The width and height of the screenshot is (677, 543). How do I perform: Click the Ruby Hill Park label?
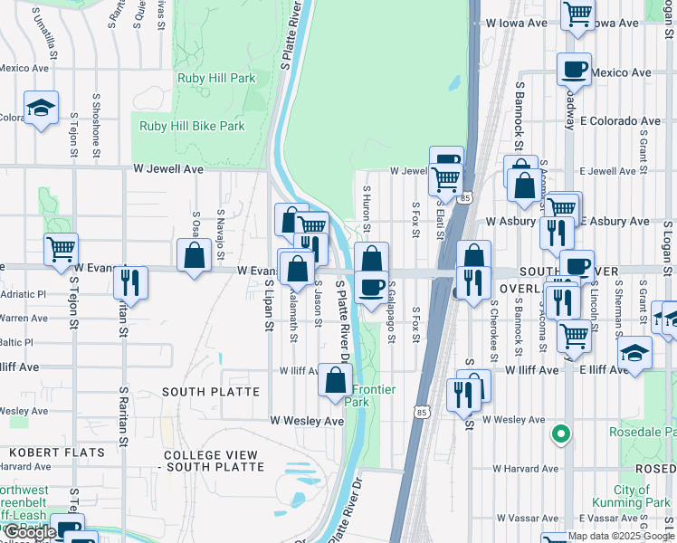216,79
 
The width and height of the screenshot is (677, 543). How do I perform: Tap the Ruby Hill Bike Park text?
192,126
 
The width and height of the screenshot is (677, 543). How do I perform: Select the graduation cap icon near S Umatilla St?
41,109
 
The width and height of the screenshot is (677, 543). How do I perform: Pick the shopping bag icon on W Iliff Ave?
335,380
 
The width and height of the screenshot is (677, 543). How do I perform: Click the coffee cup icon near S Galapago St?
371,287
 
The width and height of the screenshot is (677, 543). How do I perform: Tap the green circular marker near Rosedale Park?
561,435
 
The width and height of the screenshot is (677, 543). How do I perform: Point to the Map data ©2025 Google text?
620,536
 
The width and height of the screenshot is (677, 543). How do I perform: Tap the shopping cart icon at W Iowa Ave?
577,14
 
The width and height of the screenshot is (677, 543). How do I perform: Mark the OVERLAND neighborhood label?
525,287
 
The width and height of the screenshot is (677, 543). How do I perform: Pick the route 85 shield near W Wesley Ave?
421,413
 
